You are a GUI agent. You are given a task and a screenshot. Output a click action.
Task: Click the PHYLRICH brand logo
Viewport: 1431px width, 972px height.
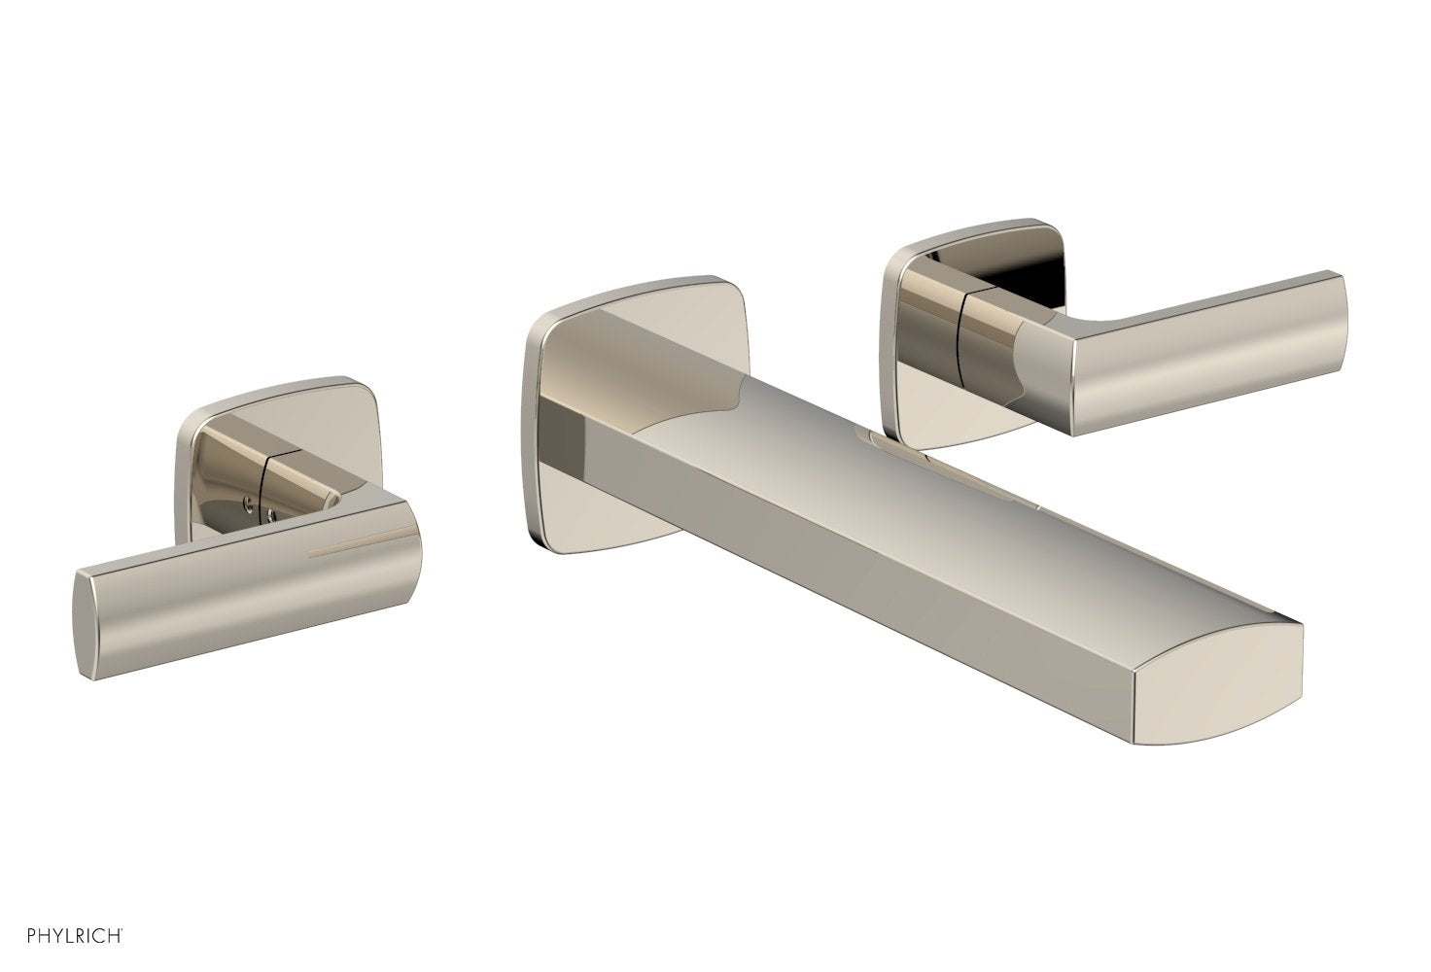(x=66, y=936)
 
